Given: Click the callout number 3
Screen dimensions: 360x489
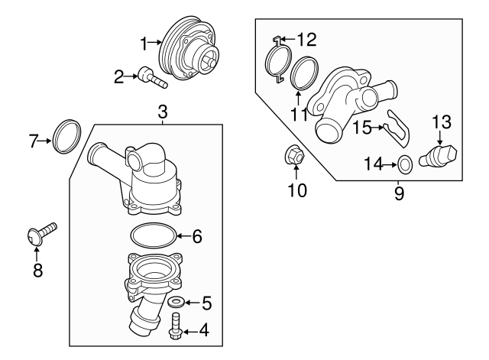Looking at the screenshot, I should pyautogui.click(x=163, y=112).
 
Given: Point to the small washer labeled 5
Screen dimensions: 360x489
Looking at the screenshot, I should pyautogui.click(x=176, y=303).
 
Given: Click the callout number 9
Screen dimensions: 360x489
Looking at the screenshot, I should pyautogui.click(x=399, y=193).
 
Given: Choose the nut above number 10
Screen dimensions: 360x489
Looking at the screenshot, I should pyautogui.click(x=296, y=157).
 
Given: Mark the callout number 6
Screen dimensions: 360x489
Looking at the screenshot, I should pyautogui.click(x=196, y=237).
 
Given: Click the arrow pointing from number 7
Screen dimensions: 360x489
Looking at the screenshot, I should pyautogui.click(x=47, y=140).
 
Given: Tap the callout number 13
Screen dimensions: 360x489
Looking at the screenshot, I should pyautogui.click(x=442, y=121).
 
